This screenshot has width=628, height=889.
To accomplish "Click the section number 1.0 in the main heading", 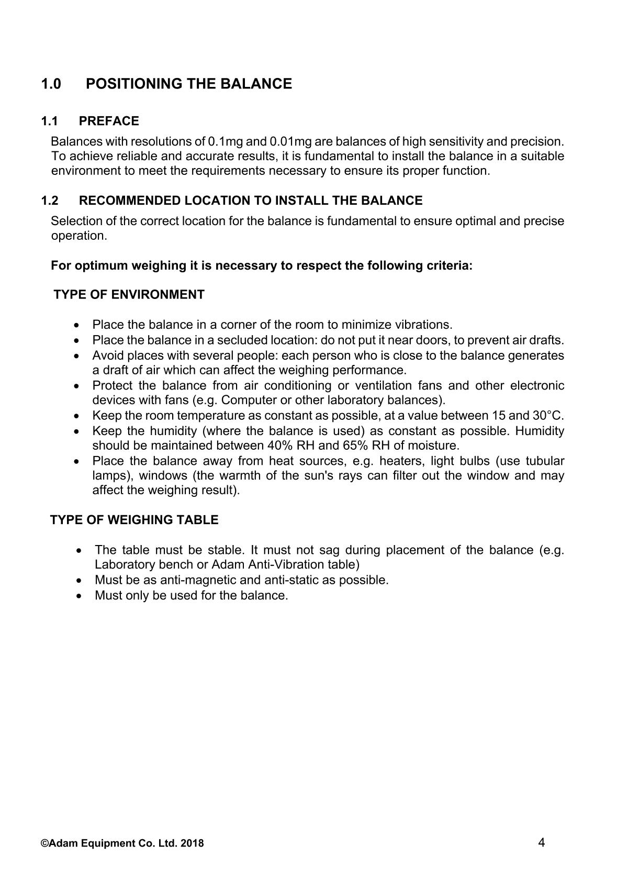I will point(51,84).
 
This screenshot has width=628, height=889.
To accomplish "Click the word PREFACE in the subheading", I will point(109,121).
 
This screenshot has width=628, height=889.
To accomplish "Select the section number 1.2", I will point(50,201).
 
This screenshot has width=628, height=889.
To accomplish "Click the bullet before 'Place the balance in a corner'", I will point(78,325).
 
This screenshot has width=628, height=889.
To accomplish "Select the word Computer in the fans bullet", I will point(246,400).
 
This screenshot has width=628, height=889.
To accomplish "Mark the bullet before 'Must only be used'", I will point(79,596).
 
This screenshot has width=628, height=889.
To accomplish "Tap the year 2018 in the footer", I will point(194,843).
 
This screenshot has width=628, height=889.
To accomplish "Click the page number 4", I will point(542,842).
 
